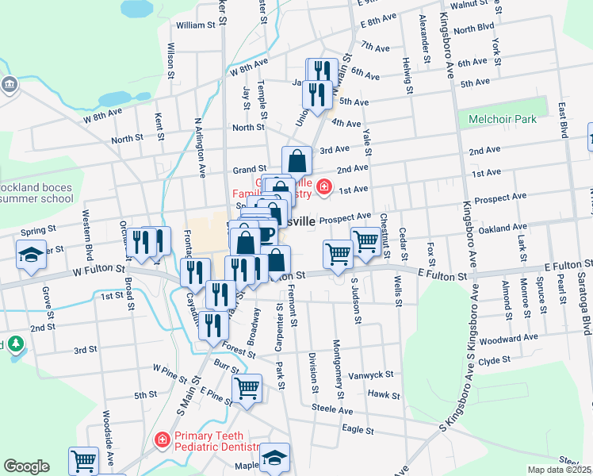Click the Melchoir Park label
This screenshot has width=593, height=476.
pyautogui.click(x=502, y=120)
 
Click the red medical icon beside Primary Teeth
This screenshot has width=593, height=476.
pyautogui.click(x=162, y=439)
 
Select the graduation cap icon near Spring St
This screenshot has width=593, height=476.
pyautogui.click(x=31, y=255)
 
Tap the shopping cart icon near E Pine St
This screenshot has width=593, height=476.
pyautogui.click(x=247, y=388)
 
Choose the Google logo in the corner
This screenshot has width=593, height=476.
pyautogui.click(x=26, y=466)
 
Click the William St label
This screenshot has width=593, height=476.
pyautogui.click(x=196, y=25)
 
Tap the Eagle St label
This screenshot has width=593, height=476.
pyautogui.click(x=357, y=430)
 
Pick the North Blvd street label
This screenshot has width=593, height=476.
pyautogui.click(x=475, y=29)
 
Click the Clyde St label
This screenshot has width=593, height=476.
pyautogui.click(x=494, y=360)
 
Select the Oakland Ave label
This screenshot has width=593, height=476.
pyautogui.click(x=503, y=229)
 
